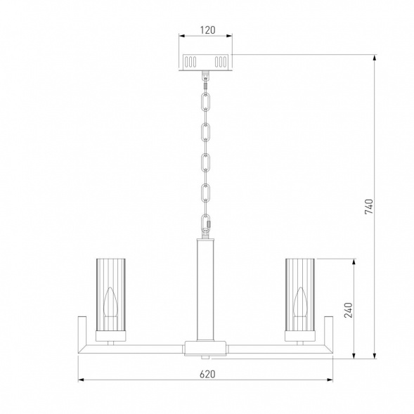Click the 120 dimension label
coord(207,30)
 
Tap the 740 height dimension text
coord(369,207)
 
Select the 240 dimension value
coord(348,310)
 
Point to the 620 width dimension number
coord(207,374)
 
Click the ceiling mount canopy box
coord(205,63)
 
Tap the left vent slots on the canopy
coord(190,62)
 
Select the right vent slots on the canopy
coord(221,62)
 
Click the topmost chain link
coord(205,101)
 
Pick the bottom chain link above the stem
coord(205,222)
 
